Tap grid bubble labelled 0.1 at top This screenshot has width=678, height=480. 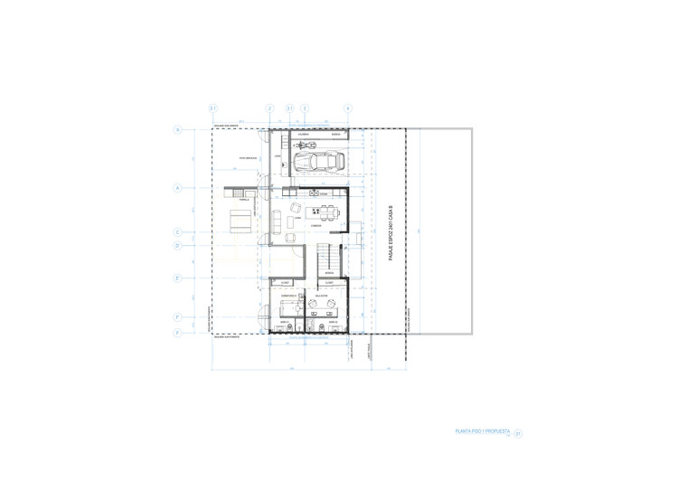pos(213,108)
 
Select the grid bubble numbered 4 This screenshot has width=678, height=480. pos(348,108)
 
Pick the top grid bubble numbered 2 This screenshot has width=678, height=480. pos(269,108)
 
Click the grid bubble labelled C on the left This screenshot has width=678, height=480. pos(178,232)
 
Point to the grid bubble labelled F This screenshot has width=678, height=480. pos(178,317)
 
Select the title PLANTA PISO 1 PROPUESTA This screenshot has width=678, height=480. pos(484,431)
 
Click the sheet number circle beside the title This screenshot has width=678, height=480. pos(519,434)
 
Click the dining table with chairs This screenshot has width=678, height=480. pos(326,213)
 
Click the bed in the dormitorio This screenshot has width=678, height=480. pos(289,306)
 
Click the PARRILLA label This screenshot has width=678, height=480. pos(244,201)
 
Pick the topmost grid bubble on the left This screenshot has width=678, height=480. pos(178,130)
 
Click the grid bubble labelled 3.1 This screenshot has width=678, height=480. pos(289,108)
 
